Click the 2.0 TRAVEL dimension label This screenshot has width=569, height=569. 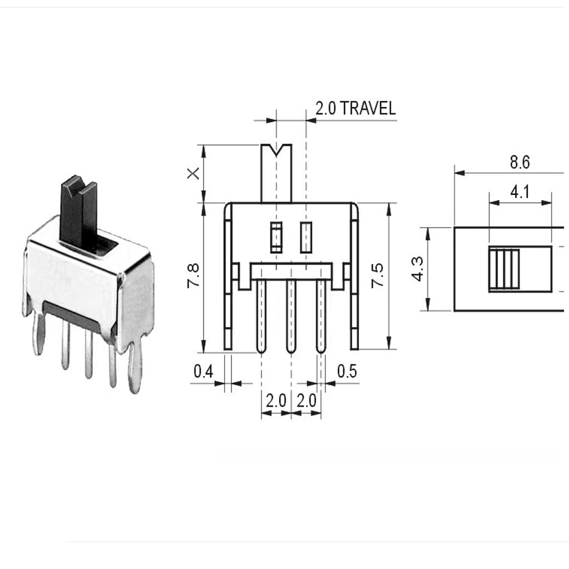356,108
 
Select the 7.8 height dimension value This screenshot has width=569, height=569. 192,276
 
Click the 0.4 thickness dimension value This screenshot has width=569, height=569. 203,371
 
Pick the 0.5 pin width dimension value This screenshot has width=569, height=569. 347,371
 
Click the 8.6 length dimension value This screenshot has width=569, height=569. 520,163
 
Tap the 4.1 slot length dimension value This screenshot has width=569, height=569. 520,192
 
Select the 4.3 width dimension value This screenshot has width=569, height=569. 418,269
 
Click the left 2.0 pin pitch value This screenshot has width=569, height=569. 276,401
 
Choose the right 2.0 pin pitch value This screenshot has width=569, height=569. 306,401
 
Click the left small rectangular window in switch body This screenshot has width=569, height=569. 276,237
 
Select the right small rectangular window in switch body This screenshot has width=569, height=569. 306,237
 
